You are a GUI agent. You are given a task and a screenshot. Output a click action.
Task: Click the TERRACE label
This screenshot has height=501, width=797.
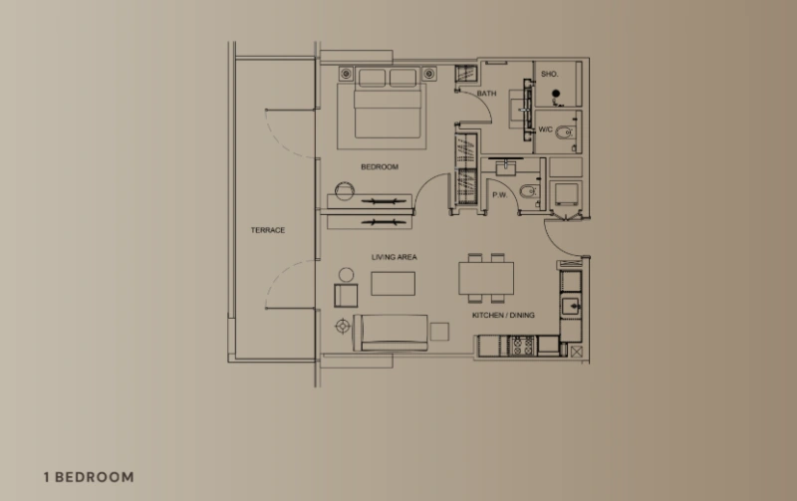[267, 230]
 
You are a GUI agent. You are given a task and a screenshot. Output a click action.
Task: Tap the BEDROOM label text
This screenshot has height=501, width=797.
[380, 167]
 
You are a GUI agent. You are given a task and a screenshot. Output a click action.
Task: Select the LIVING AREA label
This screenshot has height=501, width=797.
[395, 257]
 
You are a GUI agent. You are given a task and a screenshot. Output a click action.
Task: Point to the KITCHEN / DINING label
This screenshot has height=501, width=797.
[503, 316]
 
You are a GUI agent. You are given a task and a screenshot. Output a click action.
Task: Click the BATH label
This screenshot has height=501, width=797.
[486, 94]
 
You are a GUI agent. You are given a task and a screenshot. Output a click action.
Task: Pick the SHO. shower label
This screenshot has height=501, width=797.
[549, 75]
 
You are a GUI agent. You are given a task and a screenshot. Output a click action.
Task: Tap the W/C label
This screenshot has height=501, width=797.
[546, 130]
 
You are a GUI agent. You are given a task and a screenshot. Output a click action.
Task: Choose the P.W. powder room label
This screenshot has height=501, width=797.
[499, 195]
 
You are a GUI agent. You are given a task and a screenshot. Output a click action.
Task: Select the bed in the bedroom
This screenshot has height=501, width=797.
[390, 112]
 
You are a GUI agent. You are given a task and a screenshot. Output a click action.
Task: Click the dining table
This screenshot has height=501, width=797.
[487, 278]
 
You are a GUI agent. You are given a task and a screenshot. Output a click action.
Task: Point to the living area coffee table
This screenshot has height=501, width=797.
[394, 283]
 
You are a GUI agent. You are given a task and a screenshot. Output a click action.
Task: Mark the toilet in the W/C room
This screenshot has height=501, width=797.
[565, 130]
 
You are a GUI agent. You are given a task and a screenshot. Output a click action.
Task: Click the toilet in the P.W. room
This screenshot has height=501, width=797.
[528, 191]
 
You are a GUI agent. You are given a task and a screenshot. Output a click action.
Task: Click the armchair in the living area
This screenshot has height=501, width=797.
[346, 295]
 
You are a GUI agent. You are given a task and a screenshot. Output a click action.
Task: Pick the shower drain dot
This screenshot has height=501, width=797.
[556, 97]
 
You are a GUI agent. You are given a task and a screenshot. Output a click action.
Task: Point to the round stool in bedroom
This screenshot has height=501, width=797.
[345, 189]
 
